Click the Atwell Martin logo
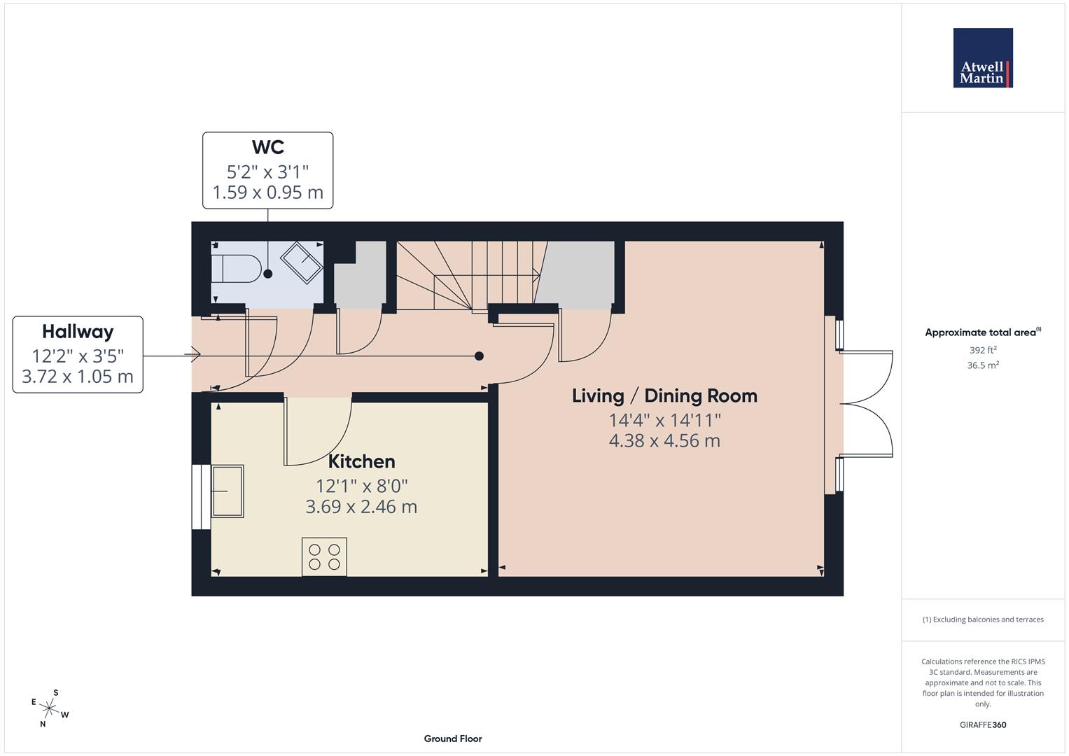point(982,58)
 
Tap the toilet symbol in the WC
point(236,268)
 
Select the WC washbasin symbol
point(302,263)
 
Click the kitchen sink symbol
point(228,491)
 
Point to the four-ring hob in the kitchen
point(324,556)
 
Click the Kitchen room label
point(361,461)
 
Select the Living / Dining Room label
point(664,395)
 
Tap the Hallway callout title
point(78,331)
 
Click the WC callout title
point(267,147)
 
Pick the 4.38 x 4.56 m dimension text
point(664,441)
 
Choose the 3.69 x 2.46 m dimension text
point(361,507)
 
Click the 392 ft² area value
point(982,350)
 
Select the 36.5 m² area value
point(982,365)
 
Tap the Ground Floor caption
point(452,738)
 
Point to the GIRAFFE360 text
point(982,724)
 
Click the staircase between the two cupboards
point(466,275)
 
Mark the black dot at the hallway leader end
point(479,356)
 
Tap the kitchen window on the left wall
point(200,496)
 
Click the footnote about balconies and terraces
point(982,619)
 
